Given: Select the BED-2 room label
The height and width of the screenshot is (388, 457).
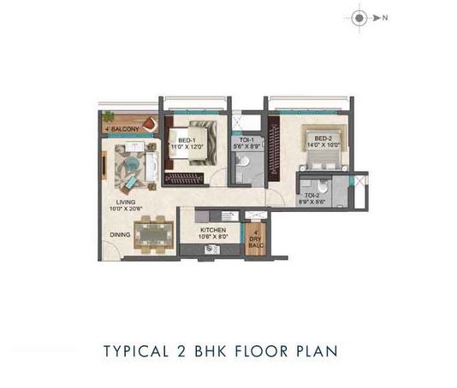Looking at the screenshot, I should [323, 138].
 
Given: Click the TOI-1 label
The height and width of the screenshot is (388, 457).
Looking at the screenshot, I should [246, 141].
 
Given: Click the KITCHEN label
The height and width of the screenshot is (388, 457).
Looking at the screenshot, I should [212, 230].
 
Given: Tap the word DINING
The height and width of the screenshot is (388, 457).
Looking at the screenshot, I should [121, 233].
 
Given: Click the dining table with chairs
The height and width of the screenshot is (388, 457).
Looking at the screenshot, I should [154, 233].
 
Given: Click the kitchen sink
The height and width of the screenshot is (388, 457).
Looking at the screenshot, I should [211, 249].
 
